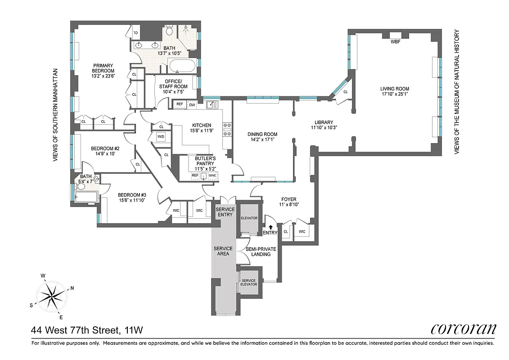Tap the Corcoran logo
click(x=463, y=329)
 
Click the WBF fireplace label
click(x=395, y=42)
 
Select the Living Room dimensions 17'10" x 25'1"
click(x=394, y=94)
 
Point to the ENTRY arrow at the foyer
click(x=270, y=228)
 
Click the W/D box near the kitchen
click(x=161, y=136)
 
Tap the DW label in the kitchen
click(x=192, y=104)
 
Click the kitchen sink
click(x=212, y=105)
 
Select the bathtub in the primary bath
click(x=182, y=66)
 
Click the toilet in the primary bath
click(x=169, y=31)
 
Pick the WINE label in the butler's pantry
click(x=212, y=175)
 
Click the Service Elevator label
click(x=249, y=283)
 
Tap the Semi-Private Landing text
click(x=261, y=252)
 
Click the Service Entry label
click(x=225, y=212)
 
